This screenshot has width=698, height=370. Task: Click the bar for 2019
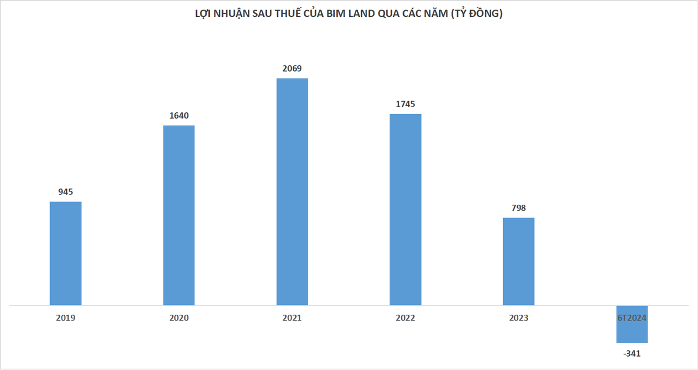66,254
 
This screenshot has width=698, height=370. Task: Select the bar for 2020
179,215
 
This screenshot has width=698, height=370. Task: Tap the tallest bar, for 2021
292,192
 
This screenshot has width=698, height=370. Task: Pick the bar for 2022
405,209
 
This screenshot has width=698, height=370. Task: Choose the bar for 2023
518,262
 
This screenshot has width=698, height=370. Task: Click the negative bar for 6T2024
632,324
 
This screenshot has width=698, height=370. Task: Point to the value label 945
65,192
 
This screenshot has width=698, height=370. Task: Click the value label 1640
179,116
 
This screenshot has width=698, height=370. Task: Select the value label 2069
292,68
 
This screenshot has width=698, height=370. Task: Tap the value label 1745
405,104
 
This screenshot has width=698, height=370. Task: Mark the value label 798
518,208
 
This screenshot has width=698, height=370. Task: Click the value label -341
632,354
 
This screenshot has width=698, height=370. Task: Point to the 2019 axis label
65,318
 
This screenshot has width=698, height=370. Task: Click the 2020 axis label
179,318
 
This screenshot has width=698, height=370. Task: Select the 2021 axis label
292,318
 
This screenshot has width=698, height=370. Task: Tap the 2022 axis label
405,318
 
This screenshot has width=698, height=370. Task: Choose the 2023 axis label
518,318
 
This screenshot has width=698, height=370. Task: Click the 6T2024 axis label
632,318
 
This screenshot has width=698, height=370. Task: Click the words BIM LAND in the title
350,13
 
